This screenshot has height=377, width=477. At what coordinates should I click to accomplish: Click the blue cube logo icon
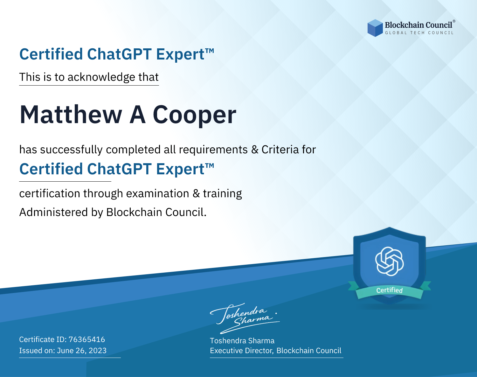[375, 28]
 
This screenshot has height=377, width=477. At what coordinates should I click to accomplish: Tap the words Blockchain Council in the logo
[418, 25]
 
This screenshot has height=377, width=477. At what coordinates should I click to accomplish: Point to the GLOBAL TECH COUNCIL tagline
[419, 33]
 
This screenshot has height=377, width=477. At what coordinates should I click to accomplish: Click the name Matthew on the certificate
[71, 115]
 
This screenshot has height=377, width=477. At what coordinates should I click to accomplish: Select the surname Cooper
[194, 115]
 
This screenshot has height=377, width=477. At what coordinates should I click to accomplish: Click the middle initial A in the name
[137, 115]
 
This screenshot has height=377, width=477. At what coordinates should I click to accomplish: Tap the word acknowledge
[101, 77]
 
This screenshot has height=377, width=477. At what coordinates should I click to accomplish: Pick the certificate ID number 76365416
[87, 339]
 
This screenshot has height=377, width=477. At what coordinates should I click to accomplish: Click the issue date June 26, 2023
[82, 350]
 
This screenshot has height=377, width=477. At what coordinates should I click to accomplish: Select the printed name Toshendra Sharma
[242, 341]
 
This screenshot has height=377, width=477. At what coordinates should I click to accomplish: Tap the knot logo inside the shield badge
[390, 261]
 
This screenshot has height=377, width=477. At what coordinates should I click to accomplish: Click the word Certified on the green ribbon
[390, 290]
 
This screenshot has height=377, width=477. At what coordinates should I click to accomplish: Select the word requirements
[213, 150]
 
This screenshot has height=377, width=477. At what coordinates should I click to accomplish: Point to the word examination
[158, 193]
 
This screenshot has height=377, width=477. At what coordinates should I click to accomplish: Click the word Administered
[54, 212]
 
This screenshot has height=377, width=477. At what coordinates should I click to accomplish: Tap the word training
[222, 194]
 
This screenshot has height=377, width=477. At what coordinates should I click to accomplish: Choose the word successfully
[71, 150]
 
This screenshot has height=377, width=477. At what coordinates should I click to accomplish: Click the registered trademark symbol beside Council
[454, 21]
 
